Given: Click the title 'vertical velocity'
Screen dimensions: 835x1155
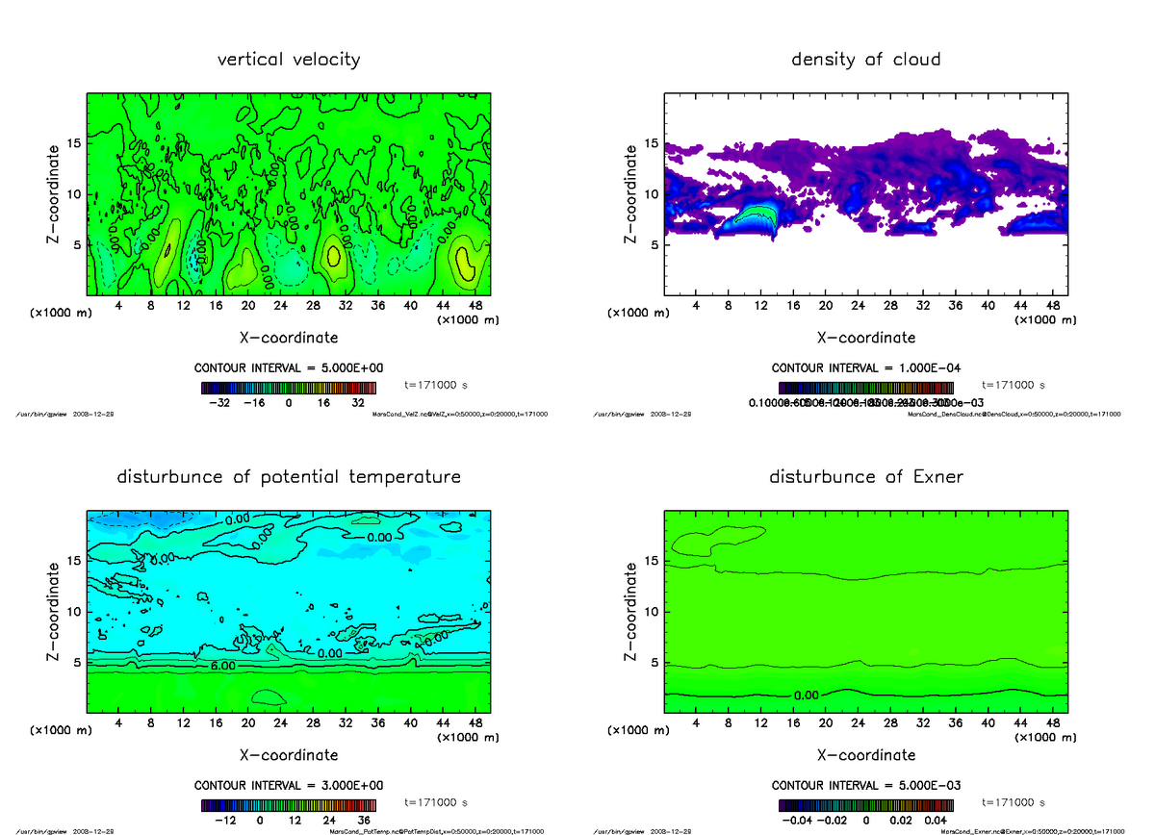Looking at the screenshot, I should pos(289,60).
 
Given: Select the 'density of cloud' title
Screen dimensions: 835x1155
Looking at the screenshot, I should pos(865,60).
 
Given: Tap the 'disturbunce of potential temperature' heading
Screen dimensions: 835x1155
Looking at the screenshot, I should pos(289,477).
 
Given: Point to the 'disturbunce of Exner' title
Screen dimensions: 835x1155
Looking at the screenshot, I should pos(866,477).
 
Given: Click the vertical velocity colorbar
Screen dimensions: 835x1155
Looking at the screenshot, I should pos(289,389).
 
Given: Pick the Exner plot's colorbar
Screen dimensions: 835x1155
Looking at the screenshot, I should pos(866,806).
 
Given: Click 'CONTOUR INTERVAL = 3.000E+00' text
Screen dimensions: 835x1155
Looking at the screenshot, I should pos(289,785).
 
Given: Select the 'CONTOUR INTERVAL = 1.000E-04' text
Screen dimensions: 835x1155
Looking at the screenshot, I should pos(866,367).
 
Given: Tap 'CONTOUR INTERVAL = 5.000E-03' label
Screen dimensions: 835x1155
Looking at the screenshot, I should pos(866,785).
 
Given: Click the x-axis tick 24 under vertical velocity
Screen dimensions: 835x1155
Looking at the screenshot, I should pos(280,306).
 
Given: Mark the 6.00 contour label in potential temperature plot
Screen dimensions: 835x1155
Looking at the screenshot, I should pos(221,666).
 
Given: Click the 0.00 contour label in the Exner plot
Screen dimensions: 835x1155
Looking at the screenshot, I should pos(807,696).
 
